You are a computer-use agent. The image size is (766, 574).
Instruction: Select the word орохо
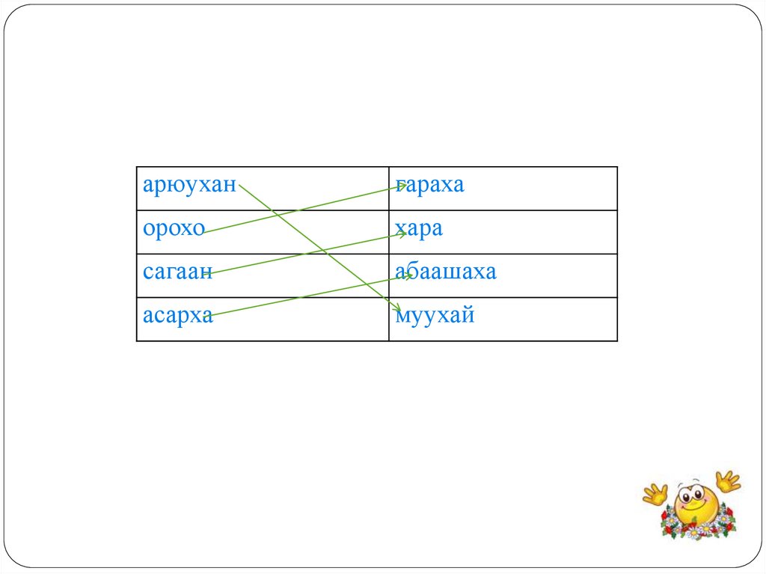point(174,228)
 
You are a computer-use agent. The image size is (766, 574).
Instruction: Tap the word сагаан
point(178,272)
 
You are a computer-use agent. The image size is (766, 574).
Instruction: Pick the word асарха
point(178,315)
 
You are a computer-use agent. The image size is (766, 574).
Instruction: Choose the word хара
point(419,228)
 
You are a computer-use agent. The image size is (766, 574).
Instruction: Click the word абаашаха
point(446,272)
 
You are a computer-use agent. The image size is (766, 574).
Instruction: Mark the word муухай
point(435,315)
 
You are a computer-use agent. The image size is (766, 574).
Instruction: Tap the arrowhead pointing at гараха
point(404,186)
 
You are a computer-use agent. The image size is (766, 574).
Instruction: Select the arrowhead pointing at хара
point(404,234)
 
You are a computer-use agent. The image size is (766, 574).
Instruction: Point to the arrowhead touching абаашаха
point(408,276)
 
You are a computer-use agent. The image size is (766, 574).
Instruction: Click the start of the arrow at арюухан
point(241,186)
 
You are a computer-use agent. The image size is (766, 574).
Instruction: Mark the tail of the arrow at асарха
point(205,317)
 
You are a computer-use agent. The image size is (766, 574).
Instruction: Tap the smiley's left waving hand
point(655,493)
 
